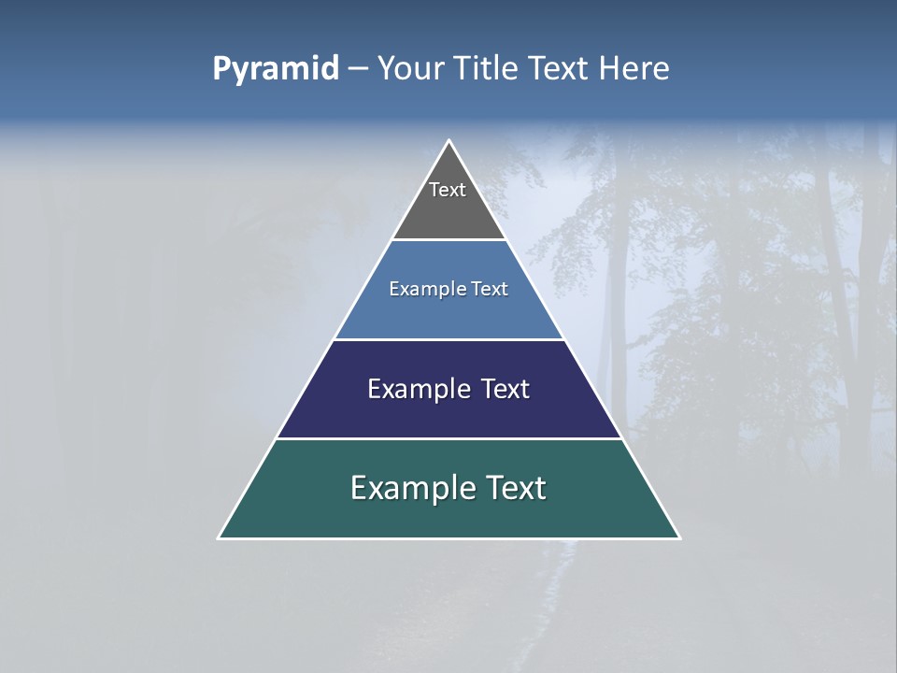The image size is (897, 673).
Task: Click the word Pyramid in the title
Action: click(276, 68)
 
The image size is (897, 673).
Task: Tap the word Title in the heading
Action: click(489, 68)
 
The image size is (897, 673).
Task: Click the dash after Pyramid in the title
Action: click(357, 69)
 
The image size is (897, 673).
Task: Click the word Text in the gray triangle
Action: click(448, 190)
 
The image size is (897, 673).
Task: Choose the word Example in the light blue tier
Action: click(423, 289)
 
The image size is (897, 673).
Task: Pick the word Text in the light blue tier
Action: click(489, 289)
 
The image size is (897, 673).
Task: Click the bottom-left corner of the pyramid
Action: click(220, 537)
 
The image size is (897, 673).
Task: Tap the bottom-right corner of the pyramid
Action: click(678, 537)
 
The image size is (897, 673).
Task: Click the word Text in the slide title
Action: click(560, 68)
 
